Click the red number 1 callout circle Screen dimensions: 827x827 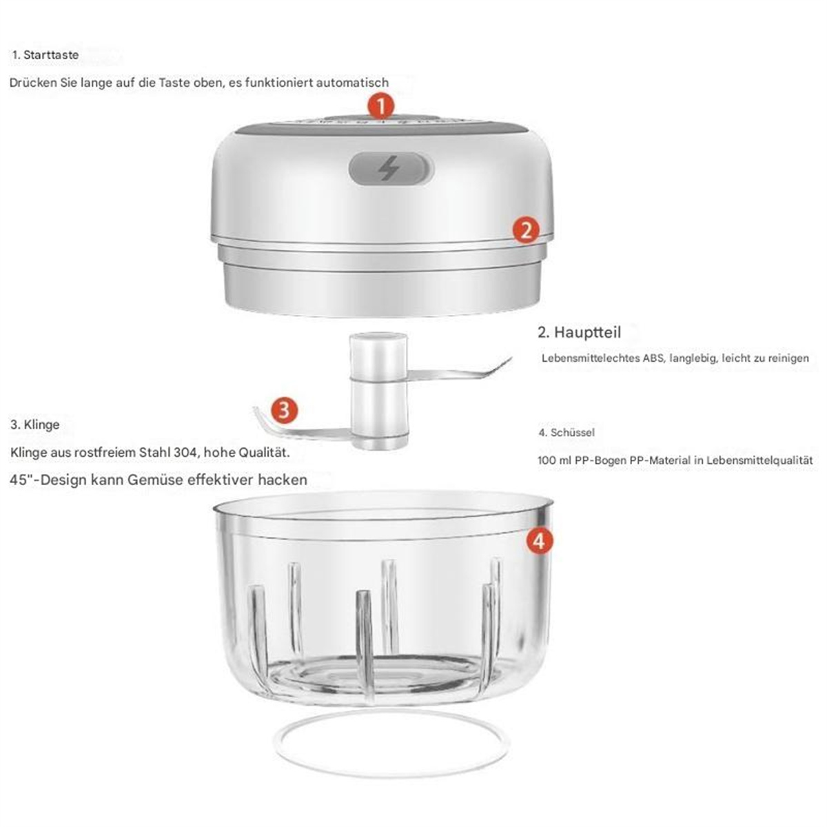(x=380, y=105)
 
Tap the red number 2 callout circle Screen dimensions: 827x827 (x=526, y=229)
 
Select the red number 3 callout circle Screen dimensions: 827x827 (x=284, y=409)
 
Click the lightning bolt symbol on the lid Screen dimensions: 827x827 (x=388, y=168)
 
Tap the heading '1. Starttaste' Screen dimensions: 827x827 (x=45, y=55)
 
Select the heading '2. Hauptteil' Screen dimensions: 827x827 (x=579, y=332)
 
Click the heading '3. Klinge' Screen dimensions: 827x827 (x=35, y=425)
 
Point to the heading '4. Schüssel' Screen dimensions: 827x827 (x=566, y=432)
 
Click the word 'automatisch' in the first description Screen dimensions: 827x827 (x=352, y=83)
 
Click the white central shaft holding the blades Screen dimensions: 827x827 (x=378, y=391)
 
